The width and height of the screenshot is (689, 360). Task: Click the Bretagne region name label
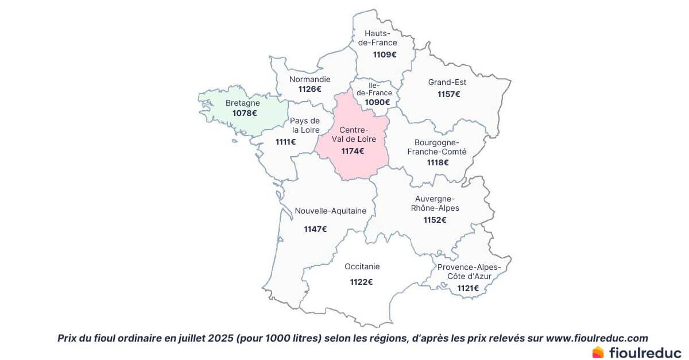242,103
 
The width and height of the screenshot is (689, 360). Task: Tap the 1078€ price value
245,113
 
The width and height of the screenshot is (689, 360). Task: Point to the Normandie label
309,79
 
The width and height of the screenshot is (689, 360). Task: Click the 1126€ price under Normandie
309,89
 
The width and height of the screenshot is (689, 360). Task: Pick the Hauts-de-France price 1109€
385,55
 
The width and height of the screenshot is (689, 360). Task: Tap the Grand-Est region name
447,83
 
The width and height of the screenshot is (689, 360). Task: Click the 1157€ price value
448,94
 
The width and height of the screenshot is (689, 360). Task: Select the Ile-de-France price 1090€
378,102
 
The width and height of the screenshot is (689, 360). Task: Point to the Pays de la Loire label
305,125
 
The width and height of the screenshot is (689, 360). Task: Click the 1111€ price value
285,141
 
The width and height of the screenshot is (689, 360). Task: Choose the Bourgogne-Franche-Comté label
437,147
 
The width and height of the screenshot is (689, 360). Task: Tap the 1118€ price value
438,162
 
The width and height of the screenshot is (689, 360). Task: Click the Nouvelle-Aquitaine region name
330,211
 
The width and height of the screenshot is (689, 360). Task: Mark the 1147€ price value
315,229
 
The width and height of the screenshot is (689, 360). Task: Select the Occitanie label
362,266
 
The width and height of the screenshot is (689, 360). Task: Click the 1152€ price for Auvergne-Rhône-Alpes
435,220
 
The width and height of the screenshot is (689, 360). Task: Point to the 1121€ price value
468,288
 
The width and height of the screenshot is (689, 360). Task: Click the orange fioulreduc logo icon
598,352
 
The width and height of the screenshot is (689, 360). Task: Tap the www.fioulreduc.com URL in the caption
597,338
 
